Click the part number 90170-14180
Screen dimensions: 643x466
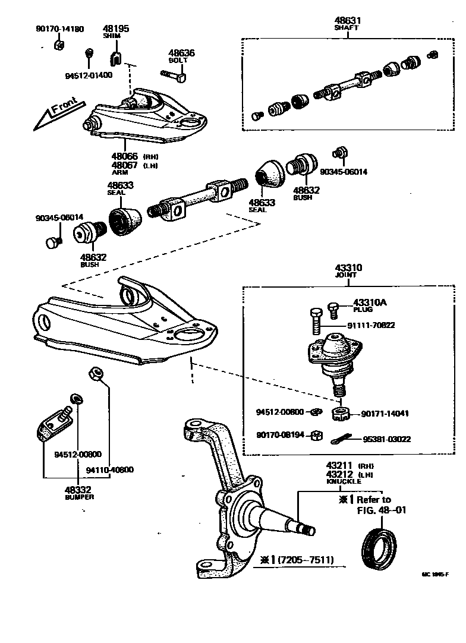[59, 28]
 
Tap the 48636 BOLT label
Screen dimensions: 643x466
[181, 56]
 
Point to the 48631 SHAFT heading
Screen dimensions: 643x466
[348, 23]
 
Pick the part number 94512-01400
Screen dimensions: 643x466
[89, 75]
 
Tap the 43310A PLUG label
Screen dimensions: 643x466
[369, 305]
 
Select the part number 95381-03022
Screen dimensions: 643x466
[386, 439]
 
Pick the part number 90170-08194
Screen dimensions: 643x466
[280, 435]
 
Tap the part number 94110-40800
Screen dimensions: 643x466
[109, 469]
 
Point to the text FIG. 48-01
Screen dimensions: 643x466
[381, 510]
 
